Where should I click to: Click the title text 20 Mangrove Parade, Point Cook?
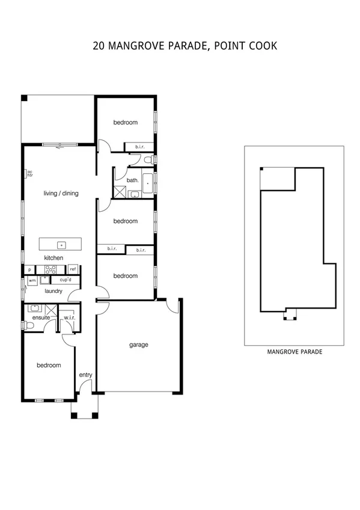[185, 46]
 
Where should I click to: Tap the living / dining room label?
[61, 194]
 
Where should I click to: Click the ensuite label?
[41, 318]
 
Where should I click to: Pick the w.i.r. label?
[69, 318]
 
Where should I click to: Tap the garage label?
[139, 345]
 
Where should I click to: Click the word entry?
[86, 375]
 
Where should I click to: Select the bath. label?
[132, 180]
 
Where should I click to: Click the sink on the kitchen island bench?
[61, 245]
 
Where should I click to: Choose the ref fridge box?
[72, 269]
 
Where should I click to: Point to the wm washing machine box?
[32, 280]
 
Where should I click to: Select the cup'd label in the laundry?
[66, 280]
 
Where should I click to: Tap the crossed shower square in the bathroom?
[120, 192]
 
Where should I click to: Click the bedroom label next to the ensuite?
[49, 365]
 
